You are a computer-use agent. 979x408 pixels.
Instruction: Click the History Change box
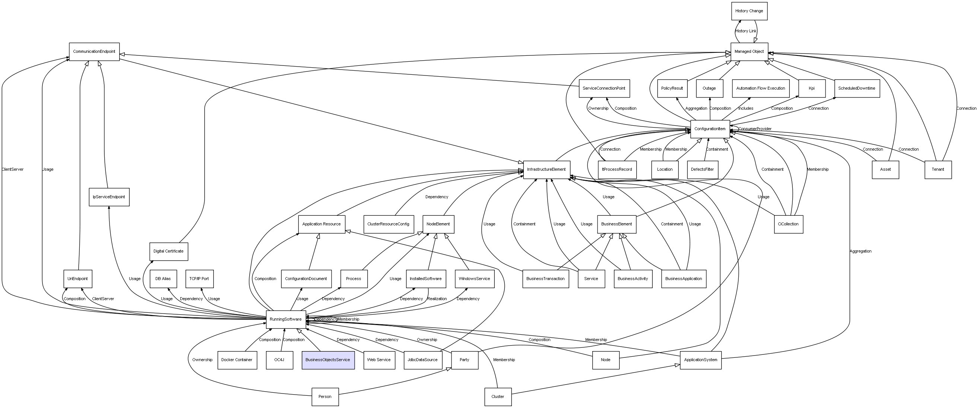tap(750, 11)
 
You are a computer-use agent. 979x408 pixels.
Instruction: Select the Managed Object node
tap(750, 52)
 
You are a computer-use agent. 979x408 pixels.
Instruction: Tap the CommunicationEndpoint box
tap(94, 52)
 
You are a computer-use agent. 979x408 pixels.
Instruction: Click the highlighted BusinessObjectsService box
tap(328, 360)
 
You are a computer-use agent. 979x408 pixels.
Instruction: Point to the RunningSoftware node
tap(286, 319)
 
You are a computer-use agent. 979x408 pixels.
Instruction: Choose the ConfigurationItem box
tap(710, 129)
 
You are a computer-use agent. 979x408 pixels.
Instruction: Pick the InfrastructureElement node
tap(546, 169)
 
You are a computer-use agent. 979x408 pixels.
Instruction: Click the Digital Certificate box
tap(169, 251)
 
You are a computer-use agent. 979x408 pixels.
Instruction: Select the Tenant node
tap(938, 169)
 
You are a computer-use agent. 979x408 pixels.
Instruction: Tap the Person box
tap(325, 396)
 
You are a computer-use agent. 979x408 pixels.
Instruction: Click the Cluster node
tap(498, 396)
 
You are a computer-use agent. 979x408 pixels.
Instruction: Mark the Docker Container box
tap(237, 360)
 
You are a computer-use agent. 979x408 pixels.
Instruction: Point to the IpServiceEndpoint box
tap(109, 197)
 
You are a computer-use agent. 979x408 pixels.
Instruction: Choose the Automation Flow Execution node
tap(761, 89)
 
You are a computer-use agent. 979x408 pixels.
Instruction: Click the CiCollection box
tap(789, 224)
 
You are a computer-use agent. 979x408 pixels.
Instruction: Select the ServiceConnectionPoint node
tap(604, 89)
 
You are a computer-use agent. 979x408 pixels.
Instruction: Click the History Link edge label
tap(746, 31)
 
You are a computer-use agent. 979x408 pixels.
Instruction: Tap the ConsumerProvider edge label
tap(755, 129)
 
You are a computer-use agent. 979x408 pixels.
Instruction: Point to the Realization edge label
tap(437, 299)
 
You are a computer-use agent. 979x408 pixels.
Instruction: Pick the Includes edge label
tap(746, 109)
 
